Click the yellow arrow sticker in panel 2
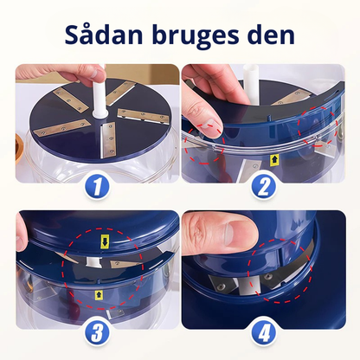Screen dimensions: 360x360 (274, 159)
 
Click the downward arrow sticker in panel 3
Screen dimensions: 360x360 (106, 238)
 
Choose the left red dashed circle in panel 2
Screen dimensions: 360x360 (204, 139)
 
